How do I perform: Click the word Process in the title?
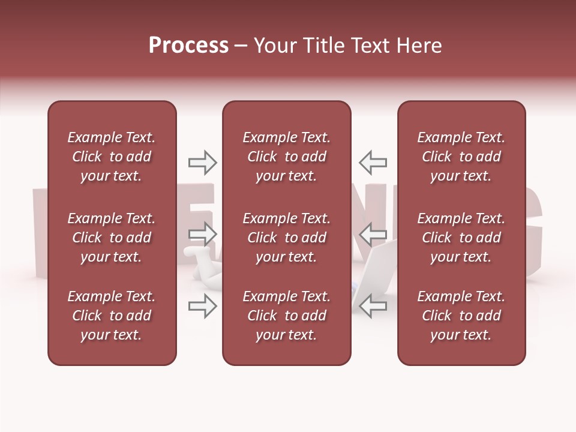(188, 46)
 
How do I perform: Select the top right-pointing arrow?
(203, 162)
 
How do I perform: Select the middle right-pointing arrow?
(203, 234)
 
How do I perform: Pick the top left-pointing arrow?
(373, 162)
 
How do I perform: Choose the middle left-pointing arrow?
(373, 234)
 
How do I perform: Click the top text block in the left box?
(112, 157)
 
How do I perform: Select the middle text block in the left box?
(112, 238)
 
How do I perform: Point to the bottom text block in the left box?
(112, 316)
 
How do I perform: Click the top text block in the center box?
(287, 157)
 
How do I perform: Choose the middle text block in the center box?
(287, 238)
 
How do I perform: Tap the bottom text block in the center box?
(287, 316)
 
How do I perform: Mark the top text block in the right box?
(461, 157)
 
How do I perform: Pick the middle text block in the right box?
(461, 238)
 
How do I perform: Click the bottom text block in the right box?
(461, 316)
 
